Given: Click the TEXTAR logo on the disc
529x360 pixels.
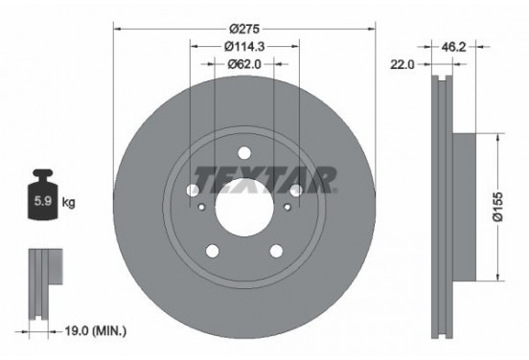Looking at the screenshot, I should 264,178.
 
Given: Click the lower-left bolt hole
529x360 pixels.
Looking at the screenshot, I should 212,251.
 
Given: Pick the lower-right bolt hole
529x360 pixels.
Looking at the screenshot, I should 276,251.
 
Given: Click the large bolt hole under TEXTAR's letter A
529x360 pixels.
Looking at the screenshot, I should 295,192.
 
